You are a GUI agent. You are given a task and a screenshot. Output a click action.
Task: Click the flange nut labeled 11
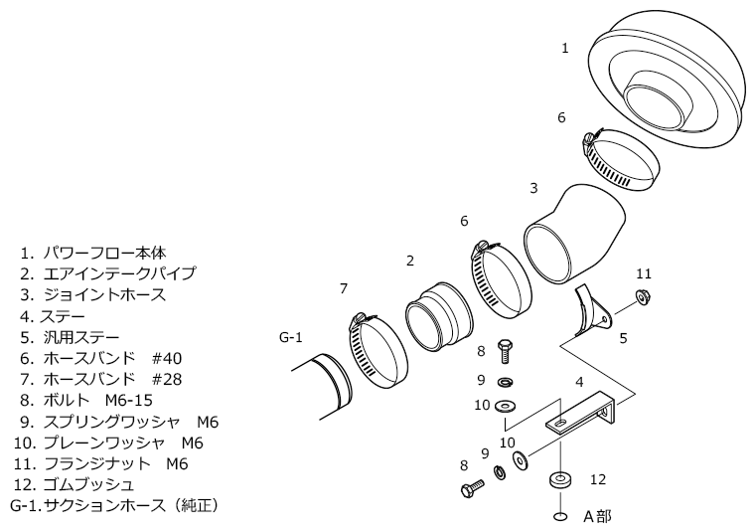(x=643, y=295)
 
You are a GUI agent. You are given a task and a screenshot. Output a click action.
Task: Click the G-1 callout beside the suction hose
(x=289, y=338)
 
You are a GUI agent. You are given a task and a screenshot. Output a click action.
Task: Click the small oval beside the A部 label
(x=561, y=517)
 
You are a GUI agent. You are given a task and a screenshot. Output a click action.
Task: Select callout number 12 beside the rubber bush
(x=598, y=479)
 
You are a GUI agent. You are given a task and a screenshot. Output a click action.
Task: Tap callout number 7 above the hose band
(x=343, y=288)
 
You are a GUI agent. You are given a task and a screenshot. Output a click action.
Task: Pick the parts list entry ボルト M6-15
(x=109, y=401)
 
